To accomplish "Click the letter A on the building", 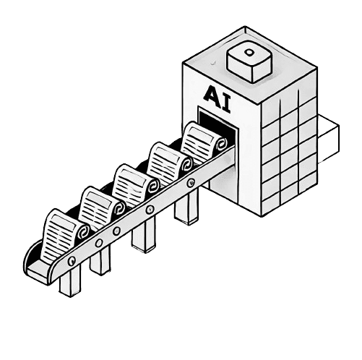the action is [212, 94].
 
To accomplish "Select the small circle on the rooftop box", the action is [249, 52].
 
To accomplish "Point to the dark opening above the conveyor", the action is [217, 123].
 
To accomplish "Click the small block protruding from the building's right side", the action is [329, 139].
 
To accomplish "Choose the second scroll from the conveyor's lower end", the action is [102, 208].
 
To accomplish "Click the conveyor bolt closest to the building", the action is [191, 182].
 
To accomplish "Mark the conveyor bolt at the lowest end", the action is [72, 260].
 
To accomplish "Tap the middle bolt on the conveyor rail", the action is [117, 231].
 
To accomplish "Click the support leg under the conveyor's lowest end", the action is [70, 282].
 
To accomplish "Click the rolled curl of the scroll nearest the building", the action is [221, 144].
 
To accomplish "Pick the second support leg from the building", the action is [144, 235].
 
